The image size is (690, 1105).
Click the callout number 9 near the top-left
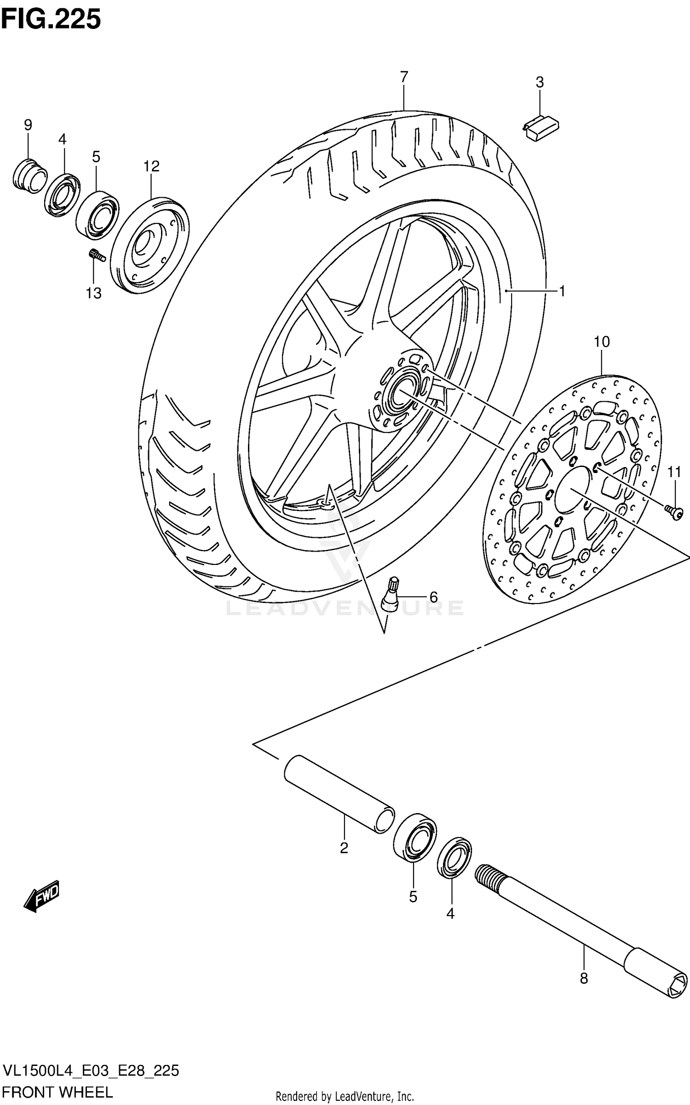(28, 125)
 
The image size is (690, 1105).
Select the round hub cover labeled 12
(150, 245)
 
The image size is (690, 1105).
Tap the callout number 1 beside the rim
(562, 290)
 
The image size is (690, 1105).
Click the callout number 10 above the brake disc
(601, 342)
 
